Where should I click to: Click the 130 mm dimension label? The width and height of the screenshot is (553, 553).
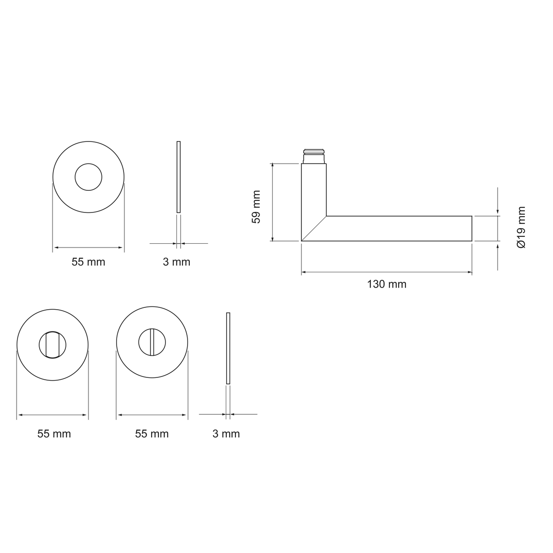click(x=387, y=284)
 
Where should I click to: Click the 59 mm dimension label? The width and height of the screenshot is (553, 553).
click(x=256, y=206)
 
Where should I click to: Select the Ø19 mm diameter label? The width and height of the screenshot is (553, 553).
click(x=521, y=227)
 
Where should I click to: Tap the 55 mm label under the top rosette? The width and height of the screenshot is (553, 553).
click(x=88, y=262)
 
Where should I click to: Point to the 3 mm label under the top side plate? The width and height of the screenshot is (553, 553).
click(x=176, y=262)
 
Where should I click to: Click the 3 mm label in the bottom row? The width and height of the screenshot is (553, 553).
click(x=226, y=434)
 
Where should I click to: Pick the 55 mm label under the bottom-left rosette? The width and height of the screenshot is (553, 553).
click(x=54, y=434)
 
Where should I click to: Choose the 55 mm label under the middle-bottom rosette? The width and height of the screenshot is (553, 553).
click(x=152, y=434)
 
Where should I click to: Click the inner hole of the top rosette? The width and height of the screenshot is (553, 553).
click(x=88, y=164)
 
